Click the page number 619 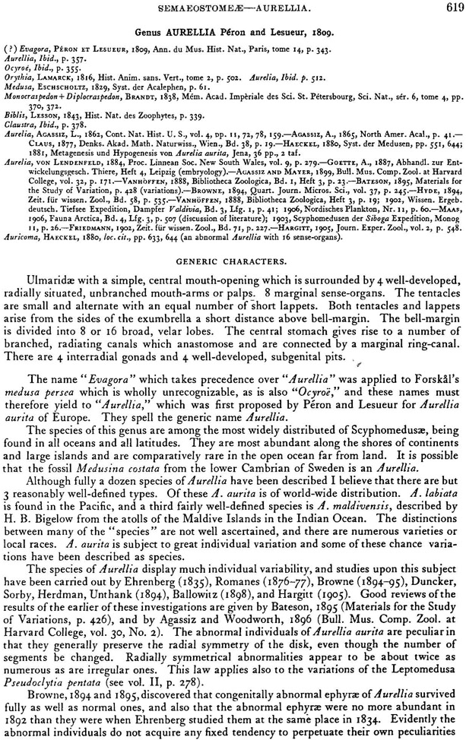pos(452,8)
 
